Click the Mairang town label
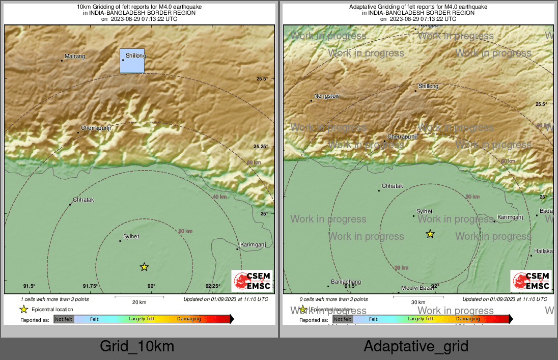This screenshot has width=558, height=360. pos(75,57)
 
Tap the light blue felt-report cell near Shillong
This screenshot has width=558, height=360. pos(132,61)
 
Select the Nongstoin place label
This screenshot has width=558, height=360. pos(327,96)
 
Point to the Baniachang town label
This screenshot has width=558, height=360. pos(346,282)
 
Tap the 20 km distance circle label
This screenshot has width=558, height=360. pos(185,231)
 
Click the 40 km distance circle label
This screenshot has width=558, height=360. pos(219,197)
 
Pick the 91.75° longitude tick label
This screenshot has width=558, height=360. pos(90,286)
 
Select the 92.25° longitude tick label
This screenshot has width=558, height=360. pos(212,286)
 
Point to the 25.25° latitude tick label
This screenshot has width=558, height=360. pos(261,146)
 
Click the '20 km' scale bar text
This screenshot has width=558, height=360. pos(139,302)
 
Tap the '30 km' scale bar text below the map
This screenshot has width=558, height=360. pos(418,302)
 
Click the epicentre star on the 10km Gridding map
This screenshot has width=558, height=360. pos(144,267)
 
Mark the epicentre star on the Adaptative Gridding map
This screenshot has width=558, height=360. pos(430,234)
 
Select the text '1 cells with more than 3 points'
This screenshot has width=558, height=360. pos(55,299)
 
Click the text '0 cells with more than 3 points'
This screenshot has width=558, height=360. pos(334,299)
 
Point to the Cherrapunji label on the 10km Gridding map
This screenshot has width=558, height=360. pos(96,128)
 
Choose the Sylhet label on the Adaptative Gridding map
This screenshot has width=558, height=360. pos(424,211)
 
